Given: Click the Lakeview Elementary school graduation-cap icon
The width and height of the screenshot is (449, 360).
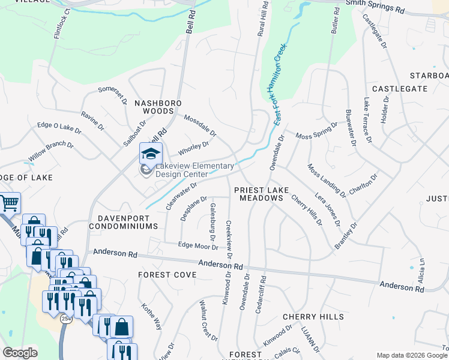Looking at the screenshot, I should pyautogui.click(x=151, y=154).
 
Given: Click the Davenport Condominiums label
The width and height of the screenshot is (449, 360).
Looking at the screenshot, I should pyautogui.click(x=123, y=222).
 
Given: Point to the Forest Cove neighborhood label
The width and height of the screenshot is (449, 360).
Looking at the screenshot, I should pyautogui.click(x=167, y=274).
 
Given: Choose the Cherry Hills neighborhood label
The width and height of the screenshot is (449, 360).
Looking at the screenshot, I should pyautogui.click(x=313, y=316).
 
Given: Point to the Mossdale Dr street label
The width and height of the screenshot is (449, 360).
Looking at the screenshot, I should pyautogui.click(x=200, y=125).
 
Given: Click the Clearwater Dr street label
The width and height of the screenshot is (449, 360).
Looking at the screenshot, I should pyautogui.click(x=181, y=196).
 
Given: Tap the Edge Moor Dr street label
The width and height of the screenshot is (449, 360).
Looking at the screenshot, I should pyautogui.click(x=197, y=245).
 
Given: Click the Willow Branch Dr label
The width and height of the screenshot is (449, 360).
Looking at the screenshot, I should pyautogui.click(x=50, y=153).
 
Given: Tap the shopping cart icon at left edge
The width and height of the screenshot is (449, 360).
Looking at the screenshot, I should pyautogui.click(x=8, y=203).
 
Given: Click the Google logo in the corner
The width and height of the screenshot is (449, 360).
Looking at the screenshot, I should pyautogui.click(x=20, y=353).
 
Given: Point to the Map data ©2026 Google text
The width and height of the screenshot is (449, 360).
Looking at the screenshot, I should pyautogui.click(x=411, y=355).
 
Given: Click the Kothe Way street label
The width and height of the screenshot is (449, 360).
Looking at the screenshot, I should pyautogui.click(x=151, y=316).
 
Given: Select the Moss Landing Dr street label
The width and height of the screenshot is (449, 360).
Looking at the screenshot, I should pyautogui.click(x=326, y=180).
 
